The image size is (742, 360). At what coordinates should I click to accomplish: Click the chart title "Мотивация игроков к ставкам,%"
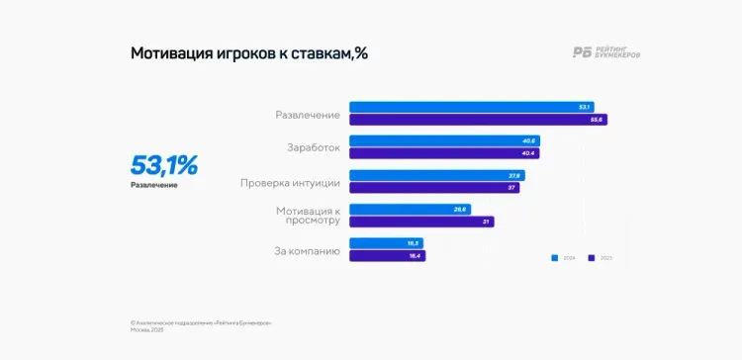[248, 53]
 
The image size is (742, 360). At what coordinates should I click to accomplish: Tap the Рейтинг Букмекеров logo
[605, 53]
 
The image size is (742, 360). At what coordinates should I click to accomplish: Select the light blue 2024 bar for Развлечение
[471, 107]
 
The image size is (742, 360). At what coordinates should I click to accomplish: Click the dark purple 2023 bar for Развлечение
[478, 120]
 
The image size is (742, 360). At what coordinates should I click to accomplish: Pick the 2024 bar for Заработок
[444, 140]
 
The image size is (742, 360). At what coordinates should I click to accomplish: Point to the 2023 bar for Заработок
[443, 153]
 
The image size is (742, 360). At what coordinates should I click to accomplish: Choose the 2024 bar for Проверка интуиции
[436, 175]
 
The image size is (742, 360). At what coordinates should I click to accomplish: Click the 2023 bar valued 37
[434, 187]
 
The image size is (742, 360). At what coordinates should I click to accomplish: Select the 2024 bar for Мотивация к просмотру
[410, 209]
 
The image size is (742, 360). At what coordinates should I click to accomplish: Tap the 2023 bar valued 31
[421, 222]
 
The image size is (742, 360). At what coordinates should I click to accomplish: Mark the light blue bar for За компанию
[387, 243]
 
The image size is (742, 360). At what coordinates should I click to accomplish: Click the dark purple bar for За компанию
[387, 256]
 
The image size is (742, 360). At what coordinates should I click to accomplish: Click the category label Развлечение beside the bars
[307, 115]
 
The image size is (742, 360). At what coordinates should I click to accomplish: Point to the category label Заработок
[313, 147]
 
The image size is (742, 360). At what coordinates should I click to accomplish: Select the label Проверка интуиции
[290, 182]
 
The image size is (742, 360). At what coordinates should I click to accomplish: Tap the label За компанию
[307, 251]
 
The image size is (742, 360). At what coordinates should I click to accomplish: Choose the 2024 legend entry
[563, 258]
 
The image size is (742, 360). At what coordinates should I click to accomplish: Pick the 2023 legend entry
[601, 258]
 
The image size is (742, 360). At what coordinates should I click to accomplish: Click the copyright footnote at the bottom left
[201, 323]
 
